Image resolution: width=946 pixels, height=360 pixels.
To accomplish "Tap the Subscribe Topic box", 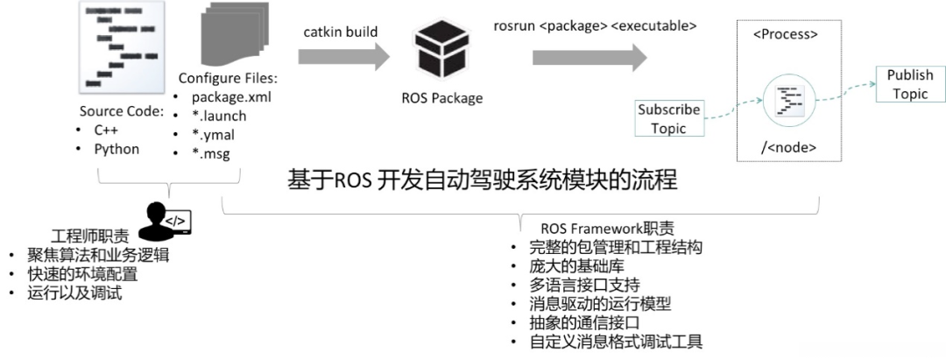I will click(x=668, y=119).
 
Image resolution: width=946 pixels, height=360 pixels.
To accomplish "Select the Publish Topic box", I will click(x=909, y=85).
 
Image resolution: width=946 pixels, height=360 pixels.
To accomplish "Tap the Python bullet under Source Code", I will click(x=116, y=149).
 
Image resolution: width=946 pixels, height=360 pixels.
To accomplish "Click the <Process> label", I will click(x=786, y=36).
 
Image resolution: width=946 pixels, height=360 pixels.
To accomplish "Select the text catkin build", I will click(x=341, y=32).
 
